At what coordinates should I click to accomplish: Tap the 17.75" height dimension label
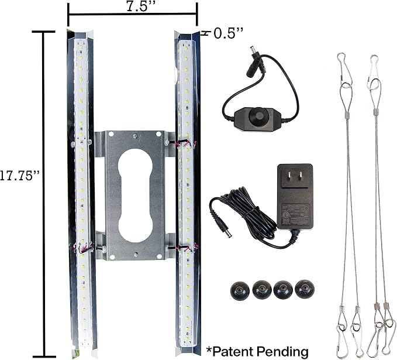pos(20,176)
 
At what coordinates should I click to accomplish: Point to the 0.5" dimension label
pos(229,33)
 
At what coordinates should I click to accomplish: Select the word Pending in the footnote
pos(283,352)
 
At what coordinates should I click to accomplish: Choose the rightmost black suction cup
pos(305,289)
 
